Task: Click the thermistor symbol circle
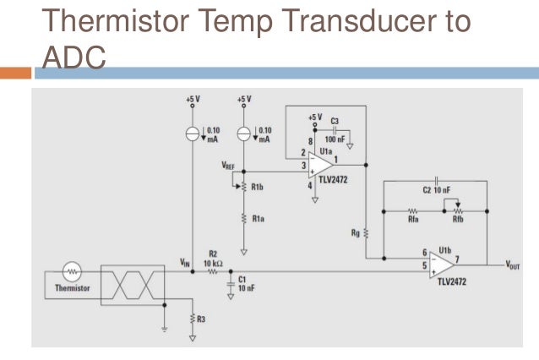72,273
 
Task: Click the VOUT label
514,265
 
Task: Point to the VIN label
184,262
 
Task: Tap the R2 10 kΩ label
214,258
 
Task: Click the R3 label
202,319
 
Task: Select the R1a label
257,218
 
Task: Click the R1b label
257,187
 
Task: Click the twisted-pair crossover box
132,285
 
